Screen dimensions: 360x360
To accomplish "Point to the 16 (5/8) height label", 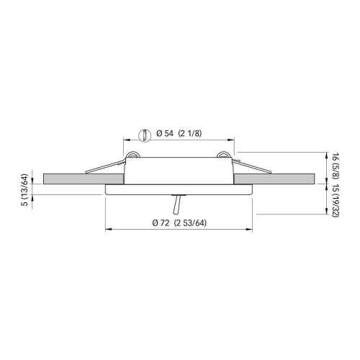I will pyautogui.click(x=336, y=163).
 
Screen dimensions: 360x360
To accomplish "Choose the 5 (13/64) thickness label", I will pyautogui.click(x=24, y=194).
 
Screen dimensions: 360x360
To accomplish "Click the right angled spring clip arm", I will pyautogui.click(x=252, y=166).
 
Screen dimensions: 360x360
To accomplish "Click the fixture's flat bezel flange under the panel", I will pyautogui.click(x=179, y=189).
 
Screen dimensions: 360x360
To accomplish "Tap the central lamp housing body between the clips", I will pyautogui.click(x=179, y=169).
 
